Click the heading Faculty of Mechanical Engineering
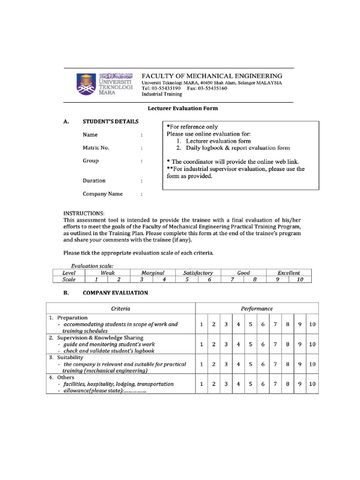click(x=212, y=75)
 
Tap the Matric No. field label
click(x=96, y=148)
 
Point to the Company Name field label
click(x=103, y=194)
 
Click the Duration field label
click(x=94, y=180)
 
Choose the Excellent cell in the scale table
click(x=288, y=273)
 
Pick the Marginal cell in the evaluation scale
click(x=153, y=273)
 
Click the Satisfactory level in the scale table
click(x=198, y=273)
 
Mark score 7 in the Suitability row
click(x=275, y=364)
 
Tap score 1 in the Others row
click(x=201, y=384)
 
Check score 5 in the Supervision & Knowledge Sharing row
click(x=251, y=344)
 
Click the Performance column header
click(x=256, y=308)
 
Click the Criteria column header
click(x=120, y=308)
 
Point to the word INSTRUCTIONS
click(x=84, y=213)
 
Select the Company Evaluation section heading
click(x=115, y=293)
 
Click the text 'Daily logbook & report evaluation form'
click(x=238, y=148)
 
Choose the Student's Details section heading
click(x=111, y=122)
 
